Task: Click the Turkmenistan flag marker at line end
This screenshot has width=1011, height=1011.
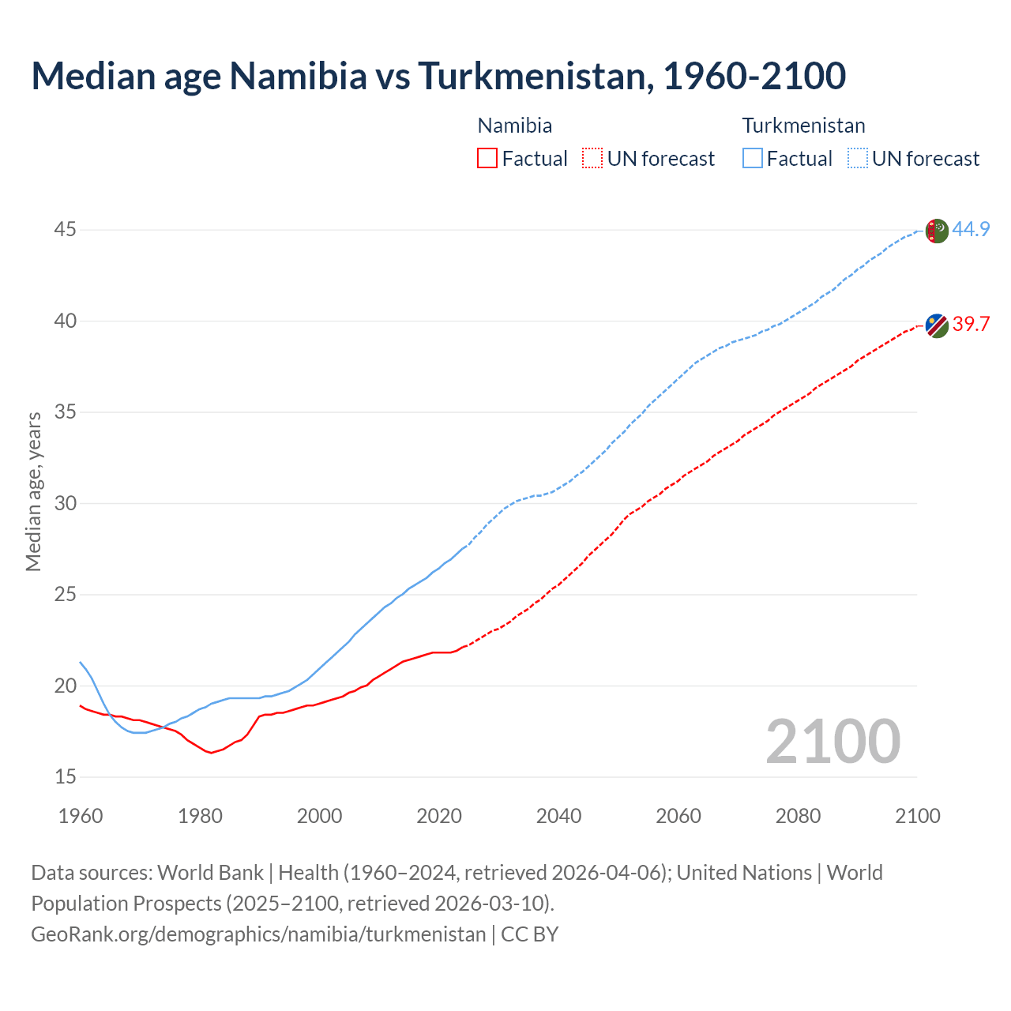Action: [x=936, y=231]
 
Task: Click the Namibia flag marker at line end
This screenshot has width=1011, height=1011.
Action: [x=936, y=325]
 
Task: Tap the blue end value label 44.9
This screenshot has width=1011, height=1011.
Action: [x=971, y=230]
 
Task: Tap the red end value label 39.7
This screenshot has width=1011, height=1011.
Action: [x=971, y=325]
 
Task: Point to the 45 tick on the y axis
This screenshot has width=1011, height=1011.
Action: [x=66, y=230]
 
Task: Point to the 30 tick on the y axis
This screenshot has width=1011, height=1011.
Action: [x=66, y=503]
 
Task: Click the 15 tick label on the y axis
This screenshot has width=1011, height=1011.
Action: [x=66, y=777]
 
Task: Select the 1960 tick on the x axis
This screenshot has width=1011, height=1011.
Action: [x=81, y=816]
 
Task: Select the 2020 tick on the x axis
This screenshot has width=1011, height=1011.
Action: [x=439, y=816]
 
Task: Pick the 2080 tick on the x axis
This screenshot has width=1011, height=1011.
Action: [x=798, y=816]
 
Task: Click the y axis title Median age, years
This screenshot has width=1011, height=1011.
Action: [x=33, y=491]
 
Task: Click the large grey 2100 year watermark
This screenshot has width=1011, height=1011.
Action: [x=832, y=741]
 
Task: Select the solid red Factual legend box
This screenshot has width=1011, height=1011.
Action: [x=487, y=159]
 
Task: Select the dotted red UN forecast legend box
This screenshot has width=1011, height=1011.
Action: [x=592, y=159]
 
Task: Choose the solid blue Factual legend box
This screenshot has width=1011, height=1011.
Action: [x=753, y=159]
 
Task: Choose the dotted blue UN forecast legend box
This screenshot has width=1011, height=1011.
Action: [x=858, y=159]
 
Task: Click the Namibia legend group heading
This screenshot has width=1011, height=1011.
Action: [x=515, y=126]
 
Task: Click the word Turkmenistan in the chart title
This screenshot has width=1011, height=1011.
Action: [x=536, y=76]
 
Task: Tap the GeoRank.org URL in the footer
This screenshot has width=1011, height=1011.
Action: [x=258, y=934]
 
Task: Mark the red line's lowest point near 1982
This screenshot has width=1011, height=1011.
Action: [x=211, y=753]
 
